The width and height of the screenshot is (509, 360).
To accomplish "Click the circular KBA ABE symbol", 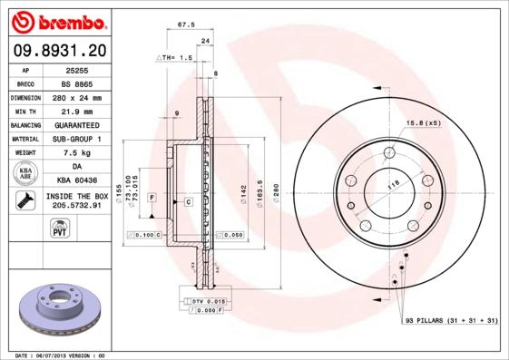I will (24, 173).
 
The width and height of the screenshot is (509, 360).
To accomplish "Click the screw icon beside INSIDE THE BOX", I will (24, 200).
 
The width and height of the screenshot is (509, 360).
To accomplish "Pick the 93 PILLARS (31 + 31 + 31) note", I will (449, 321).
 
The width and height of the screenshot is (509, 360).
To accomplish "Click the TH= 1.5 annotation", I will (178, 57).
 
